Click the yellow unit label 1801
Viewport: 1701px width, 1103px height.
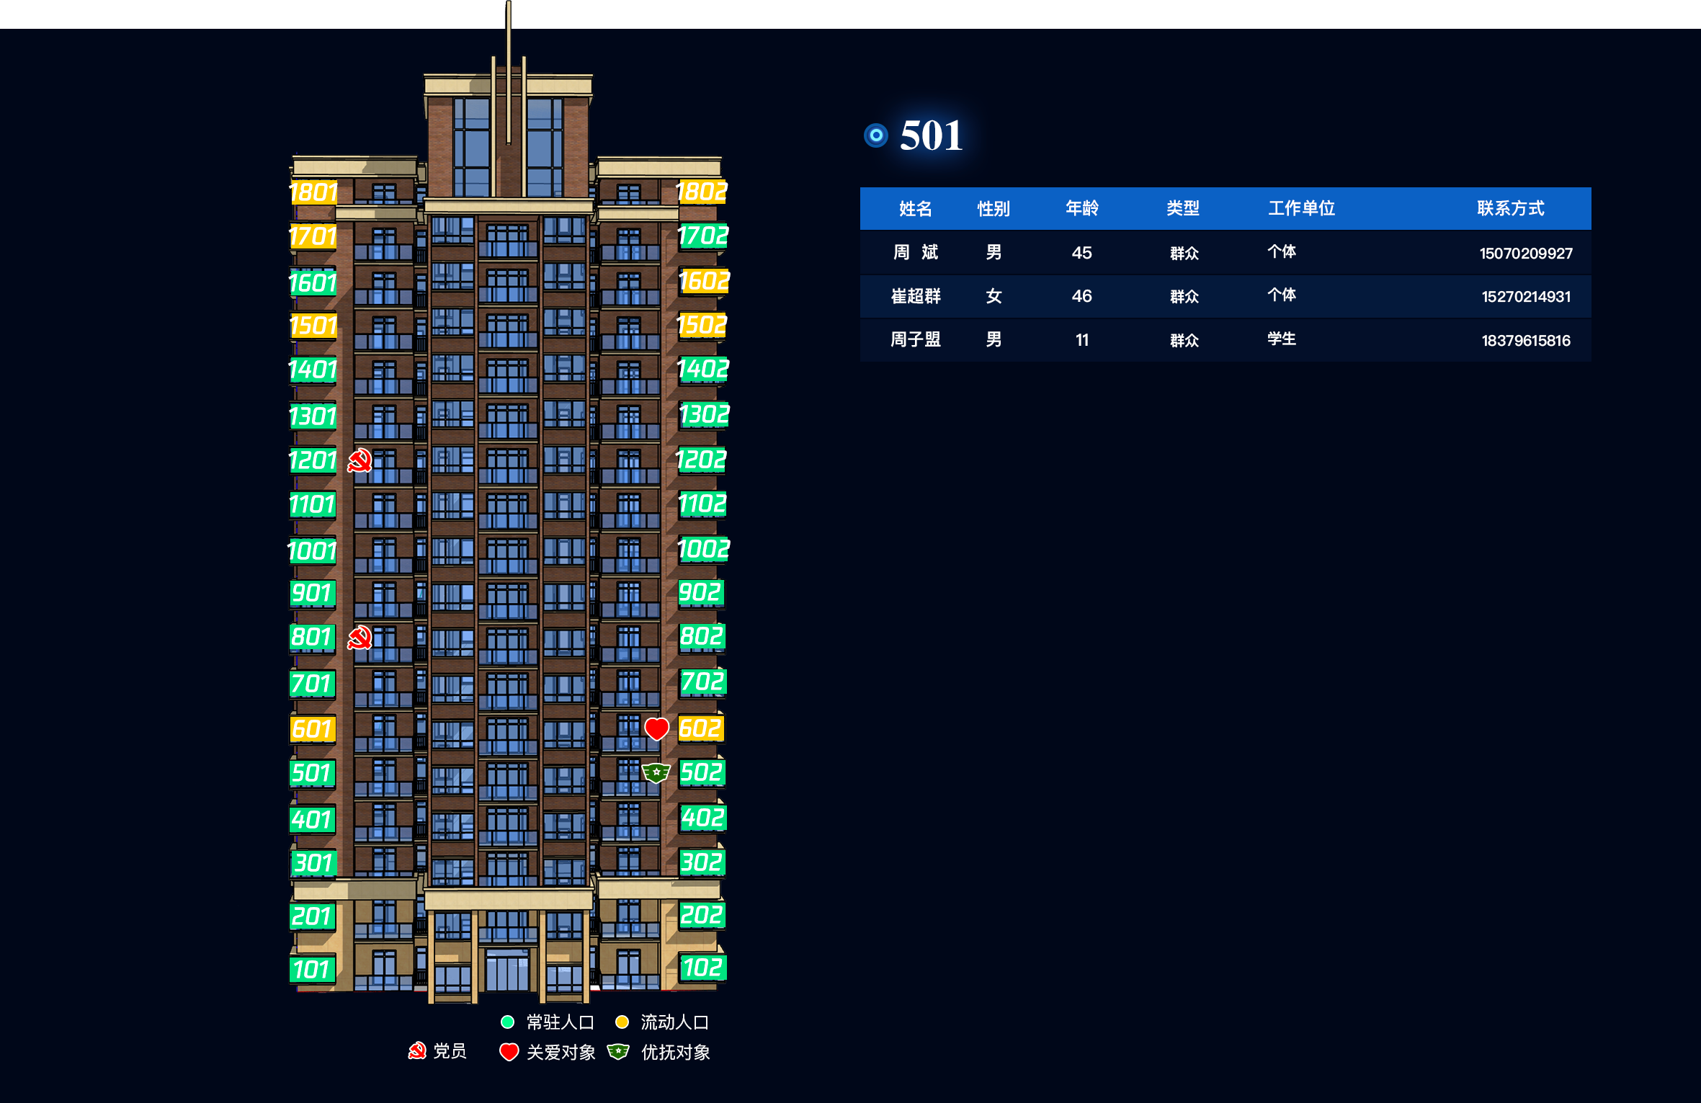pyautogui.click(x=313, y=192)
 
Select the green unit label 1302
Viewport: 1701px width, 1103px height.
pyautogui.click(x=704, y=415)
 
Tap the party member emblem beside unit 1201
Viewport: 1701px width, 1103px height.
pyautogui.click(x=360, y=460)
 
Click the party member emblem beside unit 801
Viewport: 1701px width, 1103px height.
pyautogui.click(x=360, y=638)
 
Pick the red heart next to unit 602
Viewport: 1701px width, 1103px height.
pyautogui.click(x=656, y=729)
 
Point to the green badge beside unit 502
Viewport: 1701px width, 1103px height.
pyautogui.click(x=656, y=773)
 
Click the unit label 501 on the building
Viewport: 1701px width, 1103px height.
pyautogui.click(x=312, y=773)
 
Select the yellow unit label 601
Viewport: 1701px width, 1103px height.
pyautogui.click(x=312, y=729)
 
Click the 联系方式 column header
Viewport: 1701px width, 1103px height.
pyautogui.click(x=1510, y=208)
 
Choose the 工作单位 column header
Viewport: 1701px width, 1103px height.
pyautogui.click(x=1301, y=208)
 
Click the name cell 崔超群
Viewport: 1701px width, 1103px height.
pyautogui.click(x=916, y=296)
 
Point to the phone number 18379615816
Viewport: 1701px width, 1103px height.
pyautogui.click(x=1526, y=340)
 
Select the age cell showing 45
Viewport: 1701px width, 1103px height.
pyautogui.click(x=1081, y=253)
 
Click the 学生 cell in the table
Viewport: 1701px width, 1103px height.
pyautogui.click(x=1282, y=339)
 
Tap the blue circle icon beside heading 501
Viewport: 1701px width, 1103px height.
pyautogui.click(x=876, y=135)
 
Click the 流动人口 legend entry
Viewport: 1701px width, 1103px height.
pyautogui.click(x=662, y=1022)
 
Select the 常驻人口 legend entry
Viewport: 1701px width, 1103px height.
pyautogui.click(x=548, y=1022)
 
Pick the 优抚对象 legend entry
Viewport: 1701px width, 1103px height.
pyautogui.click(x=659, y=1053)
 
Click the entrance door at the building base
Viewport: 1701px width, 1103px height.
pyautogui.click(x=508, y=970)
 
